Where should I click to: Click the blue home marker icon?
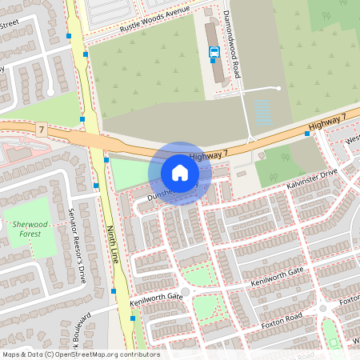pos(180,173)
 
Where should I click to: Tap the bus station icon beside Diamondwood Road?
pos(214,53)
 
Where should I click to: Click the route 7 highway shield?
pos(41,129)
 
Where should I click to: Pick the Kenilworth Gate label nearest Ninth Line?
pos(156,301)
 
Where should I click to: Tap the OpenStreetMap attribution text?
pos(81,353)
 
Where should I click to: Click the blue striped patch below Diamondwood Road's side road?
pos(262,112)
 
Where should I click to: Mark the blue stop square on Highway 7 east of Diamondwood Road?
pos(307,134)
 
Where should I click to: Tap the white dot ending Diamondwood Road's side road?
pos(278,88)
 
